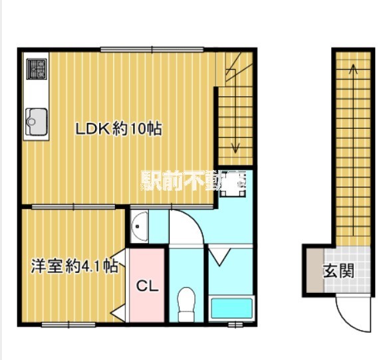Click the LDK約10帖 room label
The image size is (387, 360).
point(118,129)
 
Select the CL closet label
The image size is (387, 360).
point(147,286)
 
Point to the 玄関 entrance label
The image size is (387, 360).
point(338,271)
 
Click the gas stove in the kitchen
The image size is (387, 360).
point(37,68)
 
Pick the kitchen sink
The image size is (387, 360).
point(36,120)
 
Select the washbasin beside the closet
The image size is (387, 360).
point(139,227)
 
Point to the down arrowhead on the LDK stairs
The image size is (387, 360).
point(235,147)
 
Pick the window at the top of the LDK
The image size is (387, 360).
point(152,48)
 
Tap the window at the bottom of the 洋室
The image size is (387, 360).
point(68,324)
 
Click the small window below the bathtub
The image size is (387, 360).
point(235,324)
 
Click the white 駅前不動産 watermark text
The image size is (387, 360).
point(193,180)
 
